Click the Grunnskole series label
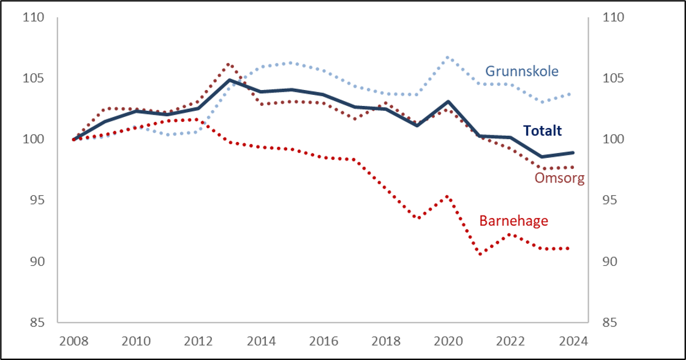pyautogui.click(x=522, y=71)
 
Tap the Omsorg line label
pyautogui.click(x=559, y=179)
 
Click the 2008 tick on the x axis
pyautogui.click(x=73, y=340)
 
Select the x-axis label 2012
pyautogui.click(x=198, y=340)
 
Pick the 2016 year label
pyautogui.click(x=323, y=340)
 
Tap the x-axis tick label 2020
pyautogui.click(x=448, y=340)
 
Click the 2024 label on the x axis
pyautogui.click(x=573, y=340)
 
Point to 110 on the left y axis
pyautogui.click(x=34, y=18)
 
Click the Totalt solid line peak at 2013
pyautogui.click(x=229, y=80)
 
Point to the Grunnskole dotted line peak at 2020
pyautogui.click(x=448, y=58)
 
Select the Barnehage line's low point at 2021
pyautogui.click(x=480, y=253)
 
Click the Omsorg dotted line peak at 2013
pyautogui.click(x=228, y=64)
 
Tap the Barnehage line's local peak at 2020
pyautogui.click(x=448, y=197)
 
